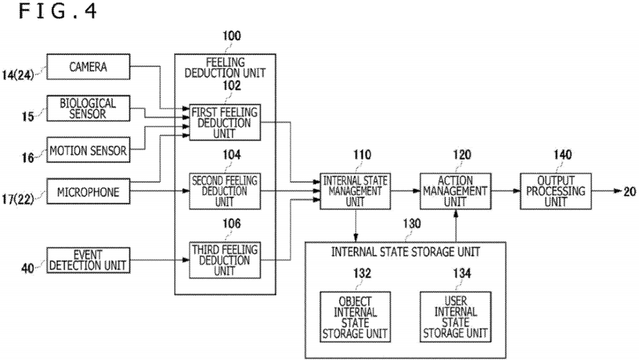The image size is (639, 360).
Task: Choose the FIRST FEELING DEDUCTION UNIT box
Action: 224,122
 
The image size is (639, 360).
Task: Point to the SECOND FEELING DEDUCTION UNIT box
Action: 224,191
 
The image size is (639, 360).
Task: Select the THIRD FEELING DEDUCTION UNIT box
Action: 224,260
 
